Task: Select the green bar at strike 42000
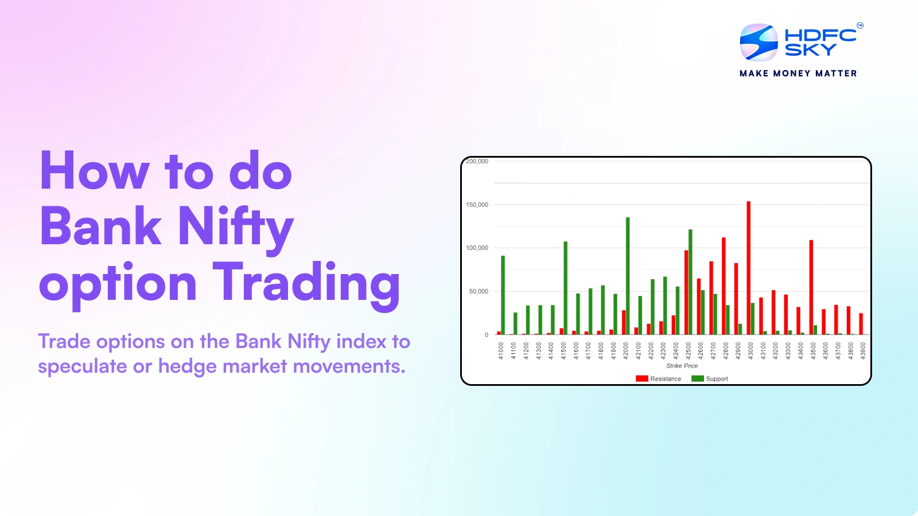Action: coord(628,276)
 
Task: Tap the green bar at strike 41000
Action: coord(503,295)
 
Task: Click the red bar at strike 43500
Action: coord(811,287)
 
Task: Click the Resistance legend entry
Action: coord(659,379)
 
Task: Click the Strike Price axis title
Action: coord(682,366)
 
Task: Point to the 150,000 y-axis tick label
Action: coord(477,205)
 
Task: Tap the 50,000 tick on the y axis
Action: coord(479,291)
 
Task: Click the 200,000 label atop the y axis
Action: coord(477,162)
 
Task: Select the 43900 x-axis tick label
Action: coord(863,351)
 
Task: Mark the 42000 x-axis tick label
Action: coord(626,351)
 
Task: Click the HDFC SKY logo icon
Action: coord(758,42)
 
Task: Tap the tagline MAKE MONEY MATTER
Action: coord(798,73)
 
